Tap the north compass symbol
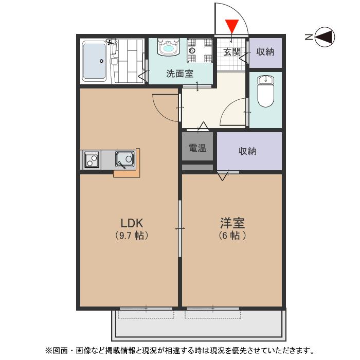click(x=325, y=37)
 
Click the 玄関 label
click(x=232, y=52)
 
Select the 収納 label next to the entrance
click(x=265, y=52)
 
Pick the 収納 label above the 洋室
click(x=248, y=151)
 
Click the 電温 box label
click(x=197, y=149)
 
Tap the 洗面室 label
click(x=179, y=74)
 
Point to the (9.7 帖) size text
click(x=132, y=236)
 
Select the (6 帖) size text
click(x=232, y=236)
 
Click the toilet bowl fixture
click(x=265, y=92)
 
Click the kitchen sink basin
click(x=125, y=158)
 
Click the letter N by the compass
click(x=308, y=37)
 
